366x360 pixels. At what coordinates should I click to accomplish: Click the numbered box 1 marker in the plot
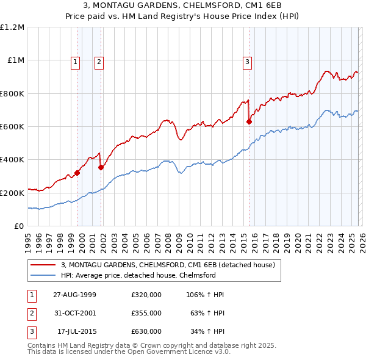pyautogui.click(x=75, y=61)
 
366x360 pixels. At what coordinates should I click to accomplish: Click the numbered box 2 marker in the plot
pyautogui.click(x=98, y=61)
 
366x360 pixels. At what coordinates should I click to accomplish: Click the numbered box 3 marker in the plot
pyautogui.click(x=247, y=61)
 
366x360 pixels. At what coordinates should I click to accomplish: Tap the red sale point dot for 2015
pyautogui.click(x=249, y=122)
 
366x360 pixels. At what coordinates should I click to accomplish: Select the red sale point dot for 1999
pyautogui.click(x=77, y=173)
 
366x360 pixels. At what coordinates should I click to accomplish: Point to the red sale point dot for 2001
pyautogui.click(x=101, y=167)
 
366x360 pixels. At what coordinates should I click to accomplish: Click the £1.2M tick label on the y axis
pyautogui.click(x=12, y=27)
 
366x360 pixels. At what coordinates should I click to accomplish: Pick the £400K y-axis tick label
pyautogui.click(x=12, y=160)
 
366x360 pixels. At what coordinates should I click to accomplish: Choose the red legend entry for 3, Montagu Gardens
pyautogui.click(x=168, y=265)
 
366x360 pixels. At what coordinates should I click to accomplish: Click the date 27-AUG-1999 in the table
pyautogui.click(x=74, y=295)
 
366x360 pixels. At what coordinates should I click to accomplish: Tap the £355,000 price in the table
pyautogui.click(x=146, y=313)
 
